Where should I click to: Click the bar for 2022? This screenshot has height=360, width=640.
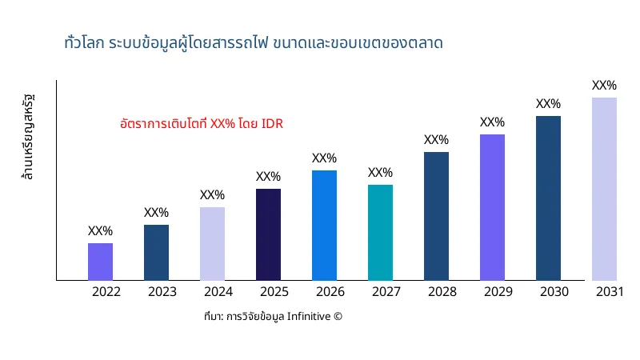[x=100, y=262]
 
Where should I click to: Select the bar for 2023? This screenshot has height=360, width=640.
[x=156, y=253]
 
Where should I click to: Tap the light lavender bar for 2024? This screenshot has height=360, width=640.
[x=212, y=244]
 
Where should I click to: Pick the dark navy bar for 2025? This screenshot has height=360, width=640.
[x=268, y=234]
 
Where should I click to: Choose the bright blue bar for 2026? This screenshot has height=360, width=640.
[x=324, y=226]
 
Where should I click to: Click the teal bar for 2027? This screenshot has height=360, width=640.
[x=380, y=233]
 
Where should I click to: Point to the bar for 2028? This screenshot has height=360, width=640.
[x=436, y=216]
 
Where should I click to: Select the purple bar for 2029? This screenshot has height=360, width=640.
[x=492, y=207]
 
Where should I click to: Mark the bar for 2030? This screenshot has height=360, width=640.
[x=548, y=198]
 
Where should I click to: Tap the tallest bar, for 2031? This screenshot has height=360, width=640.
[x=604, y=189]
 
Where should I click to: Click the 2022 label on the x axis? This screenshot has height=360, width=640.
[x=106, y=292]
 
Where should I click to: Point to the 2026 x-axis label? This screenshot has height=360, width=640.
[x=330, y=292]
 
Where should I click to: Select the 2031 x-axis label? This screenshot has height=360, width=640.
[x=610, y=292]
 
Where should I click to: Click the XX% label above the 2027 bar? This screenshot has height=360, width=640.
[x=380, y=173]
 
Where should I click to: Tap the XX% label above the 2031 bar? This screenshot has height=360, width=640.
[x=604, y=86]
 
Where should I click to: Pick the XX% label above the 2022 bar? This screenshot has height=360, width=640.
[x=100, y=231]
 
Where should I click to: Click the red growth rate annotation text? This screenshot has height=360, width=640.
[x=202, y=124]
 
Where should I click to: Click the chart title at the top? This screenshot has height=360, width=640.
[x=253, y=42]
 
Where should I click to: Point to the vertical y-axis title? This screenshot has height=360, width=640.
[x=30, y=137]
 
